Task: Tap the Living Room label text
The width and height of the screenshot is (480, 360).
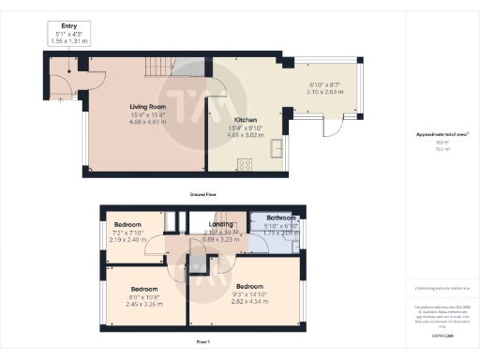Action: (148, 107)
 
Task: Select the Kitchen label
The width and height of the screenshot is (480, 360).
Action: (220, 120)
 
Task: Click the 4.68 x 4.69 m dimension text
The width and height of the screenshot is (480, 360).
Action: (148, 122)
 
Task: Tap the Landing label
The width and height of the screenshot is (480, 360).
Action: (222, 224)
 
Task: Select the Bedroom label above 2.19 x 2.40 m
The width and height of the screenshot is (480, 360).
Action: (128, 226)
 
